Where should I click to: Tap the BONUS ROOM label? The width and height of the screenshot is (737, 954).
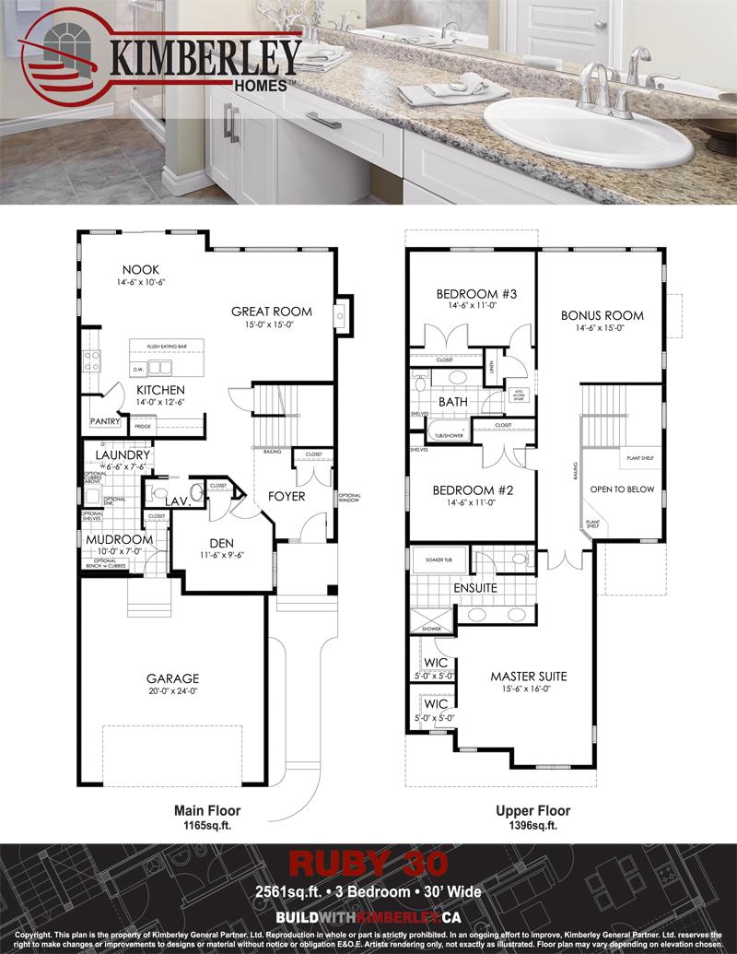pos(602,315)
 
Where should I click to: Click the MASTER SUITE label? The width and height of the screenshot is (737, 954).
pos(528,676)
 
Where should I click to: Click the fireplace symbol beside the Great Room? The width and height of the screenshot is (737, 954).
pos(342,316)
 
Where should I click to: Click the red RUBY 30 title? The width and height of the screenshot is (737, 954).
pos(368,863)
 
